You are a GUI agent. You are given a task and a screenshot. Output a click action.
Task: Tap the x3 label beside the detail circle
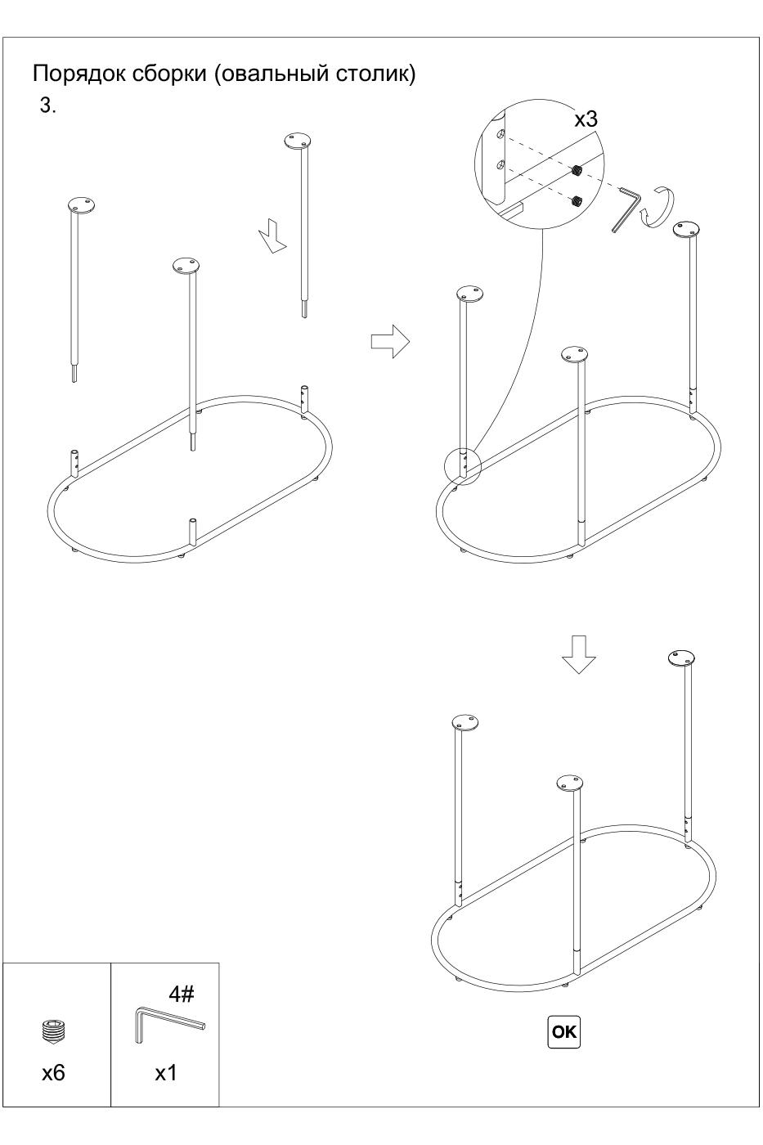pos(586,119)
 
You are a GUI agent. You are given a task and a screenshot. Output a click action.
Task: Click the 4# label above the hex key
pos(182,994)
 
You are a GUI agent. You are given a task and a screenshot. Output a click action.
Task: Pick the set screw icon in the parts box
pos(54,1031)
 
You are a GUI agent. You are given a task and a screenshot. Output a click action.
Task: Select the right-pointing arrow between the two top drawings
pos(390,341)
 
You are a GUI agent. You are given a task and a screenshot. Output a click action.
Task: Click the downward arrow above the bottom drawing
pos(578,654)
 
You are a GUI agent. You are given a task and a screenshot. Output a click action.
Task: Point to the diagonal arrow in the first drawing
pos(273,236)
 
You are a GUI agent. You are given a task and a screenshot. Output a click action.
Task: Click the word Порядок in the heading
pos(79,74)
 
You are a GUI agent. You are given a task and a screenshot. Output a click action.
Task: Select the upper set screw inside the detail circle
pos(578,170)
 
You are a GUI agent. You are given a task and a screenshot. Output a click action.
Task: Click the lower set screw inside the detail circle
pos(578,200)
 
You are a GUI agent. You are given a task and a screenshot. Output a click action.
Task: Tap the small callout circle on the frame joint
pos(463,467)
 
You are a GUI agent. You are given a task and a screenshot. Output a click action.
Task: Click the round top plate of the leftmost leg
pos(81,205)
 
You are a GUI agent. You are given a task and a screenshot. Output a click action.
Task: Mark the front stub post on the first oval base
pos(194,532)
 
